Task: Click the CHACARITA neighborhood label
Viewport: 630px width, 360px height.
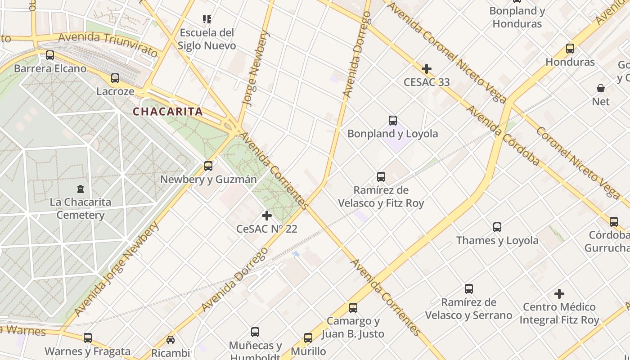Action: pyautogui.click(x=167, y=112)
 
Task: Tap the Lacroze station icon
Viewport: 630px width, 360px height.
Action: pyautogui.click(x=115, y=78)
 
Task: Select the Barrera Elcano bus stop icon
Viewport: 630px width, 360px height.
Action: pyautogui.click(x=50, y=55)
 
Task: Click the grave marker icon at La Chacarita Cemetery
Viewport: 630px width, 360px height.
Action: pyautogui.click(x=81, y=189)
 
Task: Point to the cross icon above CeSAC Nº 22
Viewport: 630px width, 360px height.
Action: pyautogui.click(x=267, y=216)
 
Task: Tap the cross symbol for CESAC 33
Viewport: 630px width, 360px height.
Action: pyautogui.click(x=426, y=69)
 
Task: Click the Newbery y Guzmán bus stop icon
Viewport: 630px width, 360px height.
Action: pyautogui.click(x=208, y=166)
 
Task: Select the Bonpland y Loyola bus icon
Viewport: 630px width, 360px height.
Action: pyautogui.click(x=393, y=120)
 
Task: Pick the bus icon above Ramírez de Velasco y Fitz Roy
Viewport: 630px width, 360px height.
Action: pyautogui.click(x=381, y=176)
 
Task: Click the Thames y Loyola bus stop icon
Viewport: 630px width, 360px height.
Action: pyautogui.click(x=497, y=227)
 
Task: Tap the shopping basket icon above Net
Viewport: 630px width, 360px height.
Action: pyautogui.click(x=601, y=88)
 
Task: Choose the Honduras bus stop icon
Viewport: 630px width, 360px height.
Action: pyautogui.click(x=570, y=48)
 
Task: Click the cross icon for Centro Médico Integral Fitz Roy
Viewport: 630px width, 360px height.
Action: pyautogui.click(x=559, y=294)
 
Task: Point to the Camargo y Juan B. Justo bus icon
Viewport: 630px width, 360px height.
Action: pyautogui.click(x=353, y=308)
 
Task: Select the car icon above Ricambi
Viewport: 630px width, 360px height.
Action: pyautogui.click(x=171, y=339)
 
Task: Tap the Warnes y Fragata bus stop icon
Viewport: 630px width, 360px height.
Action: pyautogui.click(x=88, y=337)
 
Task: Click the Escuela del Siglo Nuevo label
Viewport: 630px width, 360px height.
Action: pyautogui.click(x=207, y=39)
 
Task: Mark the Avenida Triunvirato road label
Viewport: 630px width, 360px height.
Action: pyautogui.click(x=108, y=44)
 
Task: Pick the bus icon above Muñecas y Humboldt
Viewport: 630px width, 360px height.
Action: pyautogui.click(x=255, y=332)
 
